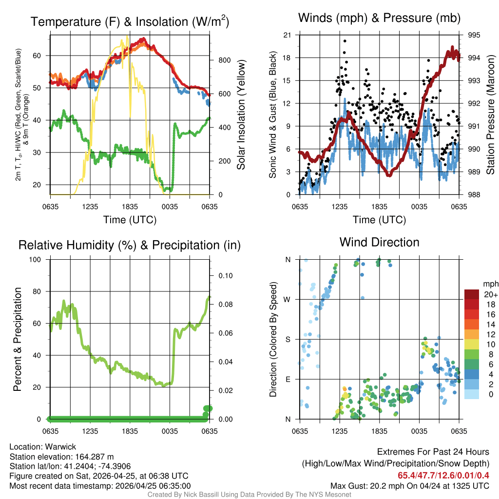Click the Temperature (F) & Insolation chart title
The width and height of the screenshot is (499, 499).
(x=130, y=22)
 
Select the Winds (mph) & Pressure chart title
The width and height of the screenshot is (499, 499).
(x=379, y=19)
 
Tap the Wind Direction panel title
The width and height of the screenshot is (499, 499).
(x=379, y=242)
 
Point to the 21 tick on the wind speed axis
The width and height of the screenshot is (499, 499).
(x=287, y=35)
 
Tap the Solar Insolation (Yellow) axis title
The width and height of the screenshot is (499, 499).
(x=241, y=115)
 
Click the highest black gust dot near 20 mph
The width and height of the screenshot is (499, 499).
(x=345, y=41)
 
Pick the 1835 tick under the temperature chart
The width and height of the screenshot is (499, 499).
(x=130, y=207)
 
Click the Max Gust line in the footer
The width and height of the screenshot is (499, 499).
(x=409, y=485)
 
